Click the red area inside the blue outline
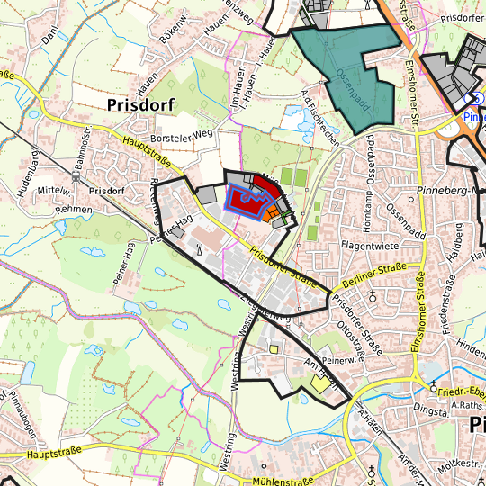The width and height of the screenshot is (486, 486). coord(245,200)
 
